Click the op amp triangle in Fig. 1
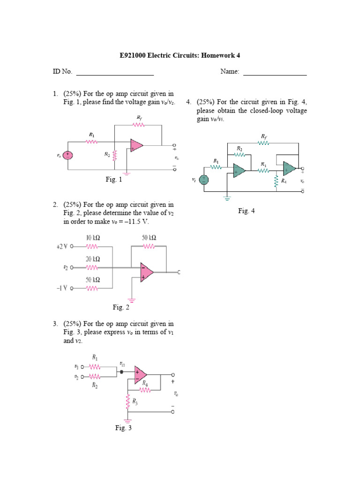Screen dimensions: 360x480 137,146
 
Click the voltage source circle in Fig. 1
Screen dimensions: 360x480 68,155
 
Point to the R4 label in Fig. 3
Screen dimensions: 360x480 145,383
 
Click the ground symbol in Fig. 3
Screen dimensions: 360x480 127,421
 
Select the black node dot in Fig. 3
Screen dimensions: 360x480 122,372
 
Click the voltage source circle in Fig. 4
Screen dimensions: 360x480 204,180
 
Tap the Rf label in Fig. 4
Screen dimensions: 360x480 264,136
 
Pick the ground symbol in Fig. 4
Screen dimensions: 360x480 227,198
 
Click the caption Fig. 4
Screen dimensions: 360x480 246,211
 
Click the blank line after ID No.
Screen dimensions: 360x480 115,73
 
